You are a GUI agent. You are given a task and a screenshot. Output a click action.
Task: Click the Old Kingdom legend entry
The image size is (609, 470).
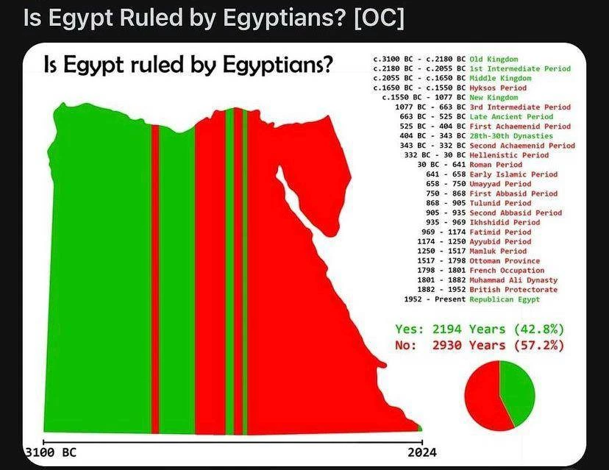[x=494, y=59]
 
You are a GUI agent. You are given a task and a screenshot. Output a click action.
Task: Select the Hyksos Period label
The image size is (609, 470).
[x=498, y=88]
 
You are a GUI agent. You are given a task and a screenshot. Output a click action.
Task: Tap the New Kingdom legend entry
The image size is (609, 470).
[x=494, y=98]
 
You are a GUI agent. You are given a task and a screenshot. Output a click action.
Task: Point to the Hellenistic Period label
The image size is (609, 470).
[x=509, y=155]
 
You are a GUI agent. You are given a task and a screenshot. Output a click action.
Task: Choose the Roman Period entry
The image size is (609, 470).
[x=496, y=165]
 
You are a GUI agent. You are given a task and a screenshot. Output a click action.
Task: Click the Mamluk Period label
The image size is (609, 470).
[x=498, y=251]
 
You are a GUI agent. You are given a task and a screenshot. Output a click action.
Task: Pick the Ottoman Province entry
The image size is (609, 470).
[x=505, y=260]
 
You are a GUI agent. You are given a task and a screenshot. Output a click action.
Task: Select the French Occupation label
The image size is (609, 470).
[x=507, y=271]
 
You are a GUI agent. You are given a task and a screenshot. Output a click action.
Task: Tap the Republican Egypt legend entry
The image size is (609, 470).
[x=505, y=299]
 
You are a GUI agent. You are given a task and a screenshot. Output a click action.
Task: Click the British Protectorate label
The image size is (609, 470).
[x=513, y=289]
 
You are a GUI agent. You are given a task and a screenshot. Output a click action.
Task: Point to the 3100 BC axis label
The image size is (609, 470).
[x=51, y=452]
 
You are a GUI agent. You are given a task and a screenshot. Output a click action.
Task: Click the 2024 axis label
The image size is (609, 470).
[x=422, y=452]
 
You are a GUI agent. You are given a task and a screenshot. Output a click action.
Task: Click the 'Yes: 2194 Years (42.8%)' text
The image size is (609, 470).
[x=480, y=329]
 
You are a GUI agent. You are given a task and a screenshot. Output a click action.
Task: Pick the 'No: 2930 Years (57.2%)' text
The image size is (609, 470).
[x=480, y=345]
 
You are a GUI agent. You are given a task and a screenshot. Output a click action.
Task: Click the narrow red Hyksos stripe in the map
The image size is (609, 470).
[x=155, y=279]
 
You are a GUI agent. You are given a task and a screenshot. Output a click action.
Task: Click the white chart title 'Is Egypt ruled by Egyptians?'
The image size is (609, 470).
[x=189, y=65]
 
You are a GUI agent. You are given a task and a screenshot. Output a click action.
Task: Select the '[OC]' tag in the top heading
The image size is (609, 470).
[x=379, y=18]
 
